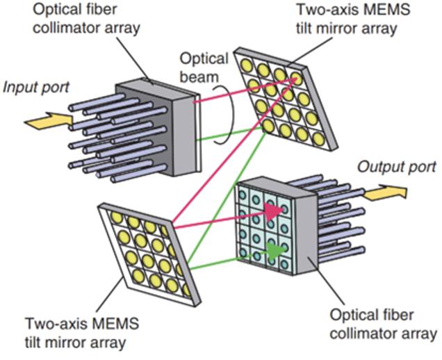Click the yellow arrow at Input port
47,122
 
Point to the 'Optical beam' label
202,69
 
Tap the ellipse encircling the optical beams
220,114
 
